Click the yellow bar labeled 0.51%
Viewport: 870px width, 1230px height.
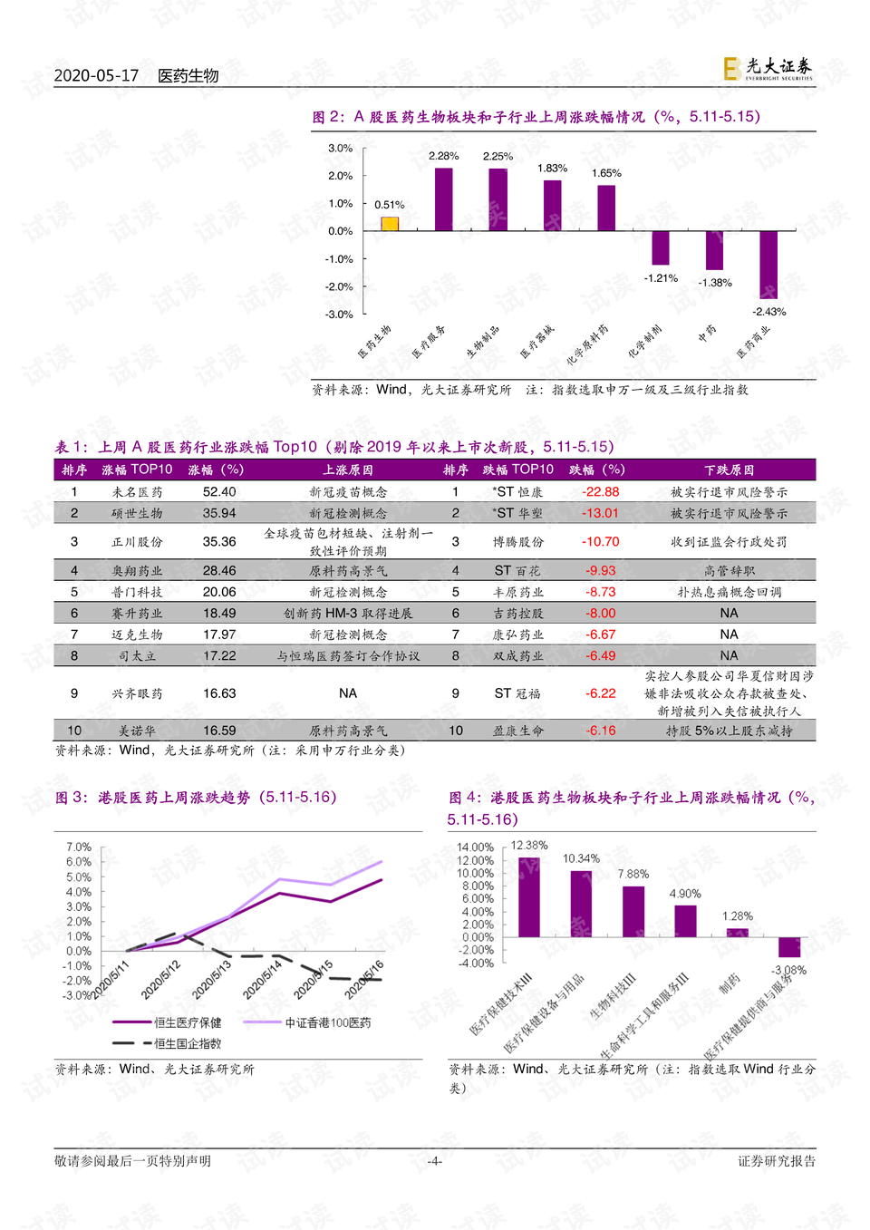390,224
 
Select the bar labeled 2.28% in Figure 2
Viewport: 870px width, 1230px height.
443,199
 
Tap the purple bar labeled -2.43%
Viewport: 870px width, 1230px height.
768,265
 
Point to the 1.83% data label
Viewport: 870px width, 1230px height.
552,169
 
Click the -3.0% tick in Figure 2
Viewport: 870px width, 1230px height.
341,315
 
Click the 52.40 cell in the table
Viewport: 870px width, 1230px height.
219,492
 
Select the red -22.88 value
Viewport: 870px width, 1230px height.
601,492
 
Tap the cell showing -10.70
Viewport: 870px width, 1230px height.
601,542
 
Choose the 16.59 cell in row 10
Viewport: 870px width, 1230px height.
219,731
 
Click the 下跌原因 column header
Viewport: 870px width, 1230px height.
729,470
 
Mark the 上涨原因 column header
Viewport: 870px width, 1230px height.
348,470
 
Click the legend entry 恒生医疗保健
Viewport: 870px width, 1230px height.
187,1022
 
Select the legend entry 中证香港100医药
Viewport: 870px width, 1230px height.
327,1022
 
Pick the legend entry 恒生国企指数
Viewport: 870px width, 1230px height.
187,1043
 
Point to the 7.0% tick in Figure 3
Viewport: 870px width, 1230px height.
79,847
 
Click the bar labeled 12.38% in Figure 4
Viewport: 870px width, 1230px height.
528,897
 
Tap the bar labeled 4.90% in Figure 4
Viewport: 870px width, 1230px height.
685,921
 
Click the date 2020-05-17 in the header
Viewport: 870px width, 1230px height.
96,75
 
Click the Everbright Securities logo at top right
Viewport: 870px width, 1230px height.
768,68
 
